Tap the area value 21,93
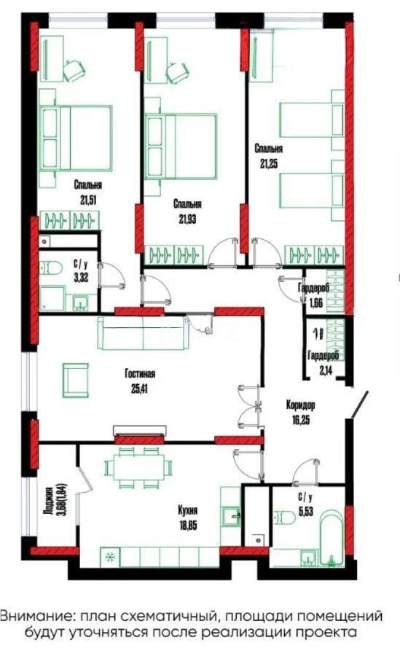pos(187,217)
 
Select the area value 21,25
pos(268,162)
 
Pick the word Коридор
pos(300,405)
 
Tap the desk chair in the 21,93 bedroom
pos(177,71)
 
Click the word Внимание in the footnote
pos(33,615)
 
